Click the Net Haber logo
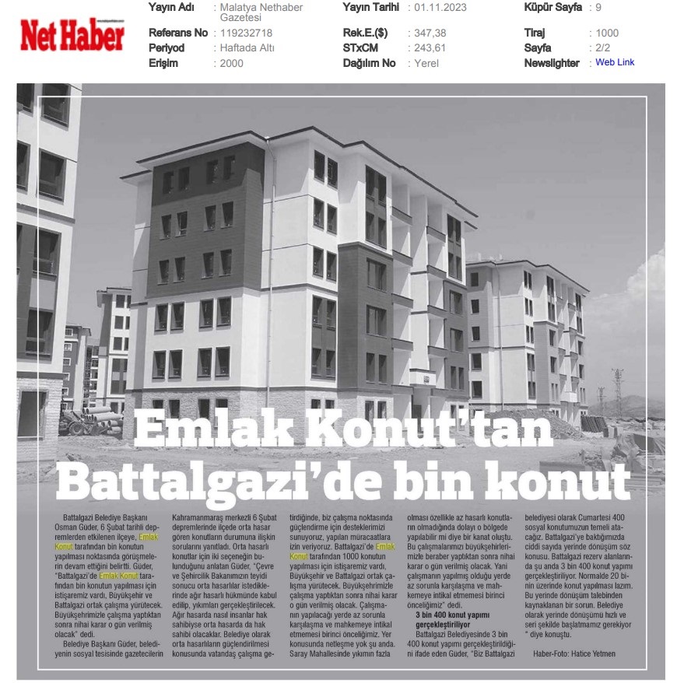tap(72, 35)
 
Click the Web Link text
tap(615, 62)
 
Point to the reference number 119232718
tap(247, 33)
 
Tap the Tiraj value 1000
tap(607, 33)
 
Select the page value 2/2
tap(604, 48)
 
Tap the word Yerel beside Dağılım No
tap(426, 63)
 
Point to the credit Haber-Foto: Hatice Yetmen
tap(574, 653)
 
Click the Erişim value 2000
tap(232, 63)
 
